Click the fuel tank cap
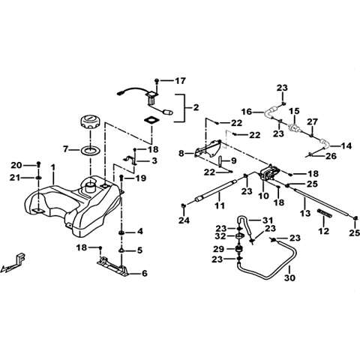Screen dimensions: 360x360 (90, 121)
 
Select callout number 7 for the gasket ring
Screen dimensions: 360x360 (66, 149)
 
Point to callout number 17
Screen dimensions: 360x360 (180, 81)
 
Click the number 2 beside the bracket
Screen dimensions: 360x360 (196, 107)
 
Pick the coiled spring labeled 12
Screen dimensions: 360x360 (325, 214)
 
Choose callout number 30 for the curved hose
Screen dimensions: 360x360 (290, 277)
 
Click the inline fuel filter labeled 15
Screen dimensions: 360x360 (295, 125)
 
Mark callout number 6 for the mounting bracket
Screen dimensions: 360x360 (145, 274)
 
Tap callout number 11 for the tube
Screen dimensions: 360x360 (220, 205)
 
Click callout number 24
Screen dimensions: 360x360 (184, 220)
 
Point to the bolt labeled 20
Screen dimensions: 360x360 (38, 164)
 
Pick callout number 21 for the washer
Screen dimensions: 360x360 (15, 178)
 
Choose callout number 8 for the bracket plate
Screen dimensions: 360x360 (181, 153)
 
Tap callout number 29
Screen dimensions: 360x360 (218, 249)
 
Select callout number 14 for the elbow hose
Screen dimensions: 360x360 (346, 145)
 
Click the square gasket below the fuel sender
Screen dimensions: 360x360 (151, 120)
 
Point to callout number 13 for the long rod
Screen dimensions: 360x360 (305, 213)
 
